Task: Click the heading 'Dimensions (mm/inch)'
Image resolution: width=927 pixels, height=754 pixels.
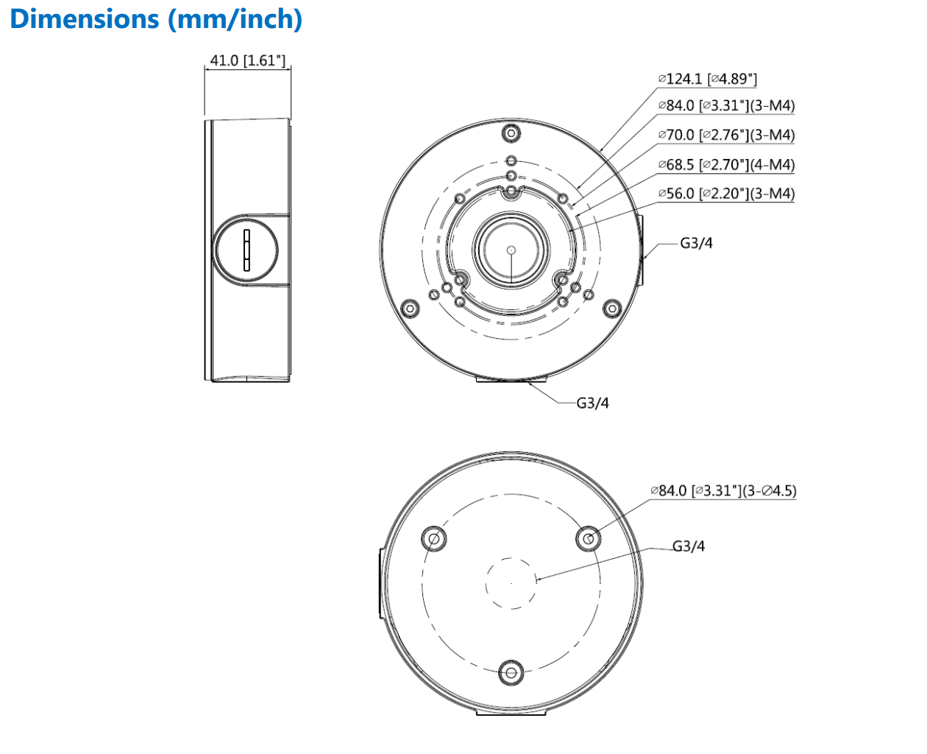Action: (x=156, y=19)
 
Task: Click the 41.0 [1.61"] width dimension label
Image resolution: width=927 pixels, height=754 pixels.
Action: (x=247, y=60)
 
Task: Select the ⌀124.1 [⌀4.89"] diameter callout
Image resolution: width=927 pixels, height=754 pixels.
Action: (x=707, y=79)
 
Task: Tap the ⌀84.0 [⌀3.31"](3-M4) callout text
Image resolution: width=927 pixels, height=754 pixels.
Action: (x=726, y=106)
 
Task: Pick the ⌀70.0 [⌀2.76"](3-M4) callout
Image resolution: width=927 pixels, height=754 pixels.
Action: (x=726, y=135)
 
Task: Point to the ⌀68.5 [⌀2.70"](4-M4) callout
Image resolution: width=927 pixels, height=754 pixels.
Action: (x=726, y=165)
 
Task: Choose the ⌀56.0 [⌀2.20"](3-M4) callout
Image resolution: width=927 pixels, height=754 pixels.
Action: (x=726, y=194)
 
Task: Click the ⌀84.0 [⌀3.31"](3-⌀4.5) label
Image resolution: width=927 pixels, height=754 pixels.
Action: (x=723, y=490)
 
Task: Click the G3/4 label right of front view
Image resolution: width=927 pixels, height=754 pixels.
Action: (x=696, y=243)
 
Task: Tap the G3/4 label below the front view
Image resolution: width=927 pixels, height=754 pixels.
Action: (x=592, y=403)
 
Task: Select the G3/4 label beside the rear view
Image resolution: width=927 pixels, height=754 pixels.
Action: (x=689, y=546)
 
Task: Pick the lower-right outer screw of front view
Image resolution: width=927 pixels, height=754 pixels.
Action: (x=611, y=309)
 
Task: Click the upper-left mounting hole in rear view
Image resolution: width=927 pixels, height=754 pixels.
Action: (x=434, y=539)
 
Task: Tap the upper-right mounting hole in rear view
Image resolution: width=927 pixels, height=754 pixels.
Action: (x=588, y=539)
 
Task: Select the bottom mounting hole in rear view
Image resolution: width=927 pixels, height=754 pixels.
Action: (x=511, y=672)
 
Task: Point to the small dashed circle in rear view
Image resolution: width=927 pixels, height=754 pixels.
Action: (x=511, y=583)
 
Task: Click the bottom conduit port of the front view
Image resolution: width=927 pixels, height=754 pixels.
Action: (x=511, y=379)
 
